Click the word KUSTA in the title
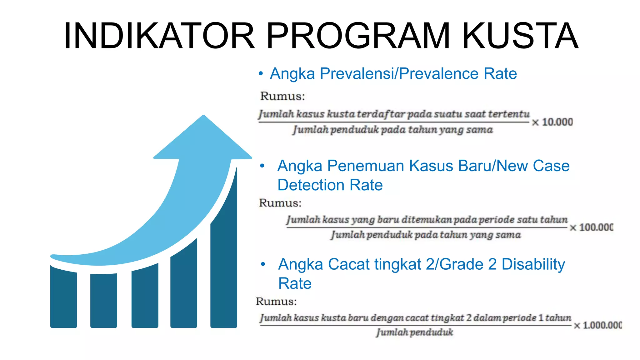(x=520, y=36)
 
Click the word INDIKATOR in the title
(x=159, y=36)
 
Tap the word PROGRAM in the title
(x=358, y=36)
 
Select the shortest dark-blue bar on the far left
(x=63, y=297)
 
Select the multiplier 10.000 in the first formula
(x=557, y=122)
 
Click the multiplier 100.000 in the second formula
(x=596, y=227)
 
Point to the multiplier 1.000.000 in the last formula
(x=602, y=325)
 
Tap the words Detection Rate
(x=330, y=185)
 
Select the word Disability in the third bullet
(x=533, y=264)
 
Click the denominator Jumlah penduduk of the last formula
(x=414, y=332)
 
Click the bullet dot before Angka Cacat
(x=263, y=264)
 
